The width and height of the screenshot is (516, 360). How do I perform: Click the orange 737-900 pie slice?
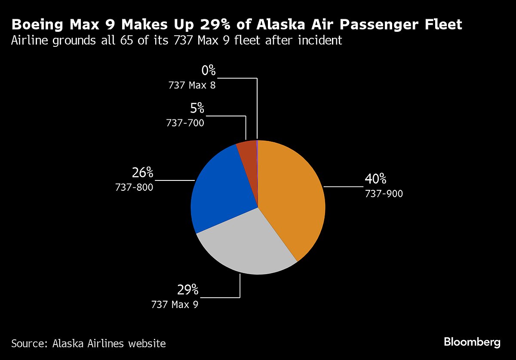click(292, 198)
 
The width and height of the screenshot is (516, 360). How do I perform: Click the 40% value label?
click(375, 179)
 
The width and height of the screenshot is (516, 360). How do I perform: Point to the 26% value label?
click(142, 173)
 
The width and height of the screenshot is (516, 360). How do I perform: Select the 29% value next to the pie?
click(188, 290)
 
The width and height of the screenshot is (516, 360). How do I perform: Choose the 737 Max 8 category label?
click(192, 85)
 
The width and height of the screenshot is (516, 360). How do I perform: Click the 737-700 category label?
click(185, 123)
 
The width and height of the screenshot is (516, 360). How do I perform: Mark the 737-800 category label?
click(134, 187)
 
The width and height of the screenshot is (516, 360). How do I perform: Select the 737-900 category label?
click(384, 194)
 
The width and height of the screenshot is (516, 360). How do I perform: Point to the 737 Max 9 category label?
click(175, 305)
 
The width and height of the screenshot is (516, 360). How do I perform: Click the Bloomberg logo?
click(472, 342)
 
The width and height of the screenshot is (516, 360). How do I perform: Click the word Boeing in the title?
click(38, 24)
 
